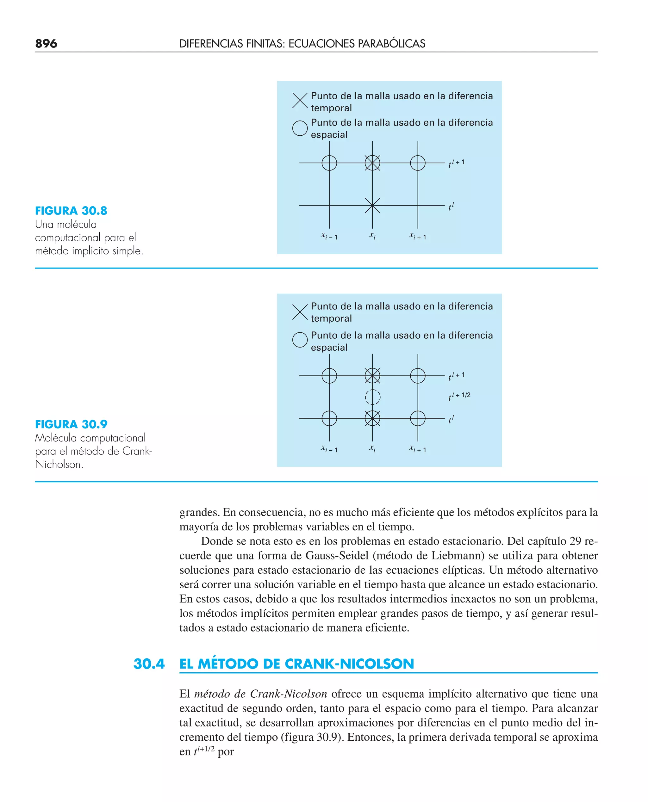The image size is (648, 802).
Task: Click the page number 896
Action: click(x=46, y=44)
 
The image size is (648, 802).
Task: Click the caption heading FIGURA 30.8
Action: click(x=71, y=211)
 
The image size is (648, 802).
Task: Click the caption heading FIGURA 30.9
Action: click(x=71, y=424)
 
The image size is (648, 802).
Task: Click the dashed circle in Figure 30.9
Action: click(x=372, y=397)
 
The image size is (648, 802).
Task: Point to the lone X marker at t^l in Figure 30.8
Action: click(x=372, y=206)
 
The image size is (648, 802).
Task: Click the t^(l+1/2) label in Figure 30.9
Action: click(x=459, y=396)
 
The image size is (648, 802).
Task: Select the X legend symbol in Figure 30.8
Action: click(x=300, y=101)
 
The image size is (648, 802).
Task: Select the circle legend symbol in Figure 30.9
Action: click(x=300, y=340)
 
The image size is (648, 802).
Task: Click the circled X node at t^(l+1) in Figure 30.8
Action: click(x=372, y=163)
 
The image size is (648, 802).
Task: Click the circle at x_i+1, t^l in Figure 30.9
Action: click(x=417, y=418)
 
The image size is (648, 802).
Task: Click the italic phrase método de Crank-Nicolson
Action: click(x=260, y=694)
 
